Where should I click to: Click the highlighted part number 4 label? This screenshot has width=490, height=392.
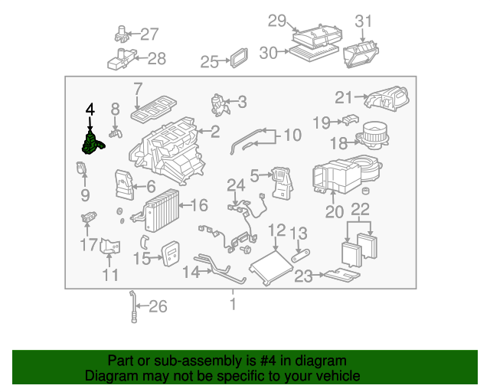coord(90,109)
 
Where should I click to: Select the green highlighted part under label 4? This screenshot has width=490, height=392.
coord(93,144)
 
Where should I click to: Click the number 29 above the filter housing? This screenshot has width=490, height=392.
coord(276,21)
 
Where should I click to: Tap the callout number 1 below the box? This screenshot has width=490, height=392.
coord(233,304)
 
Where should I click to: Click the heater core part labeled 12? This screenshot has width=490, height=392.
coord(268,264)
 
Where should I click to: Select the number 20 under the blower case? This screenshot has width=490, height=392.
coord(335,212)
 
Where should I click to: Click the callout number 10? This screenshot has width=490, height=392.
coord(292,136)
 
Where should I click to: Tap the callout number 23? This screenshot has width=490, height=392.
coord(304,276)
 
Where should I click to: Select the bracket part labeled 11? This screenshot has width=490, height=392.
coord(110,250)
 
